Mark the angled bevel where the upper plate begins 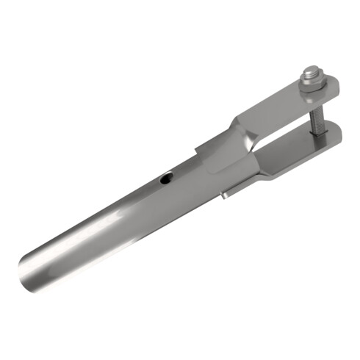(242, 121)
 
